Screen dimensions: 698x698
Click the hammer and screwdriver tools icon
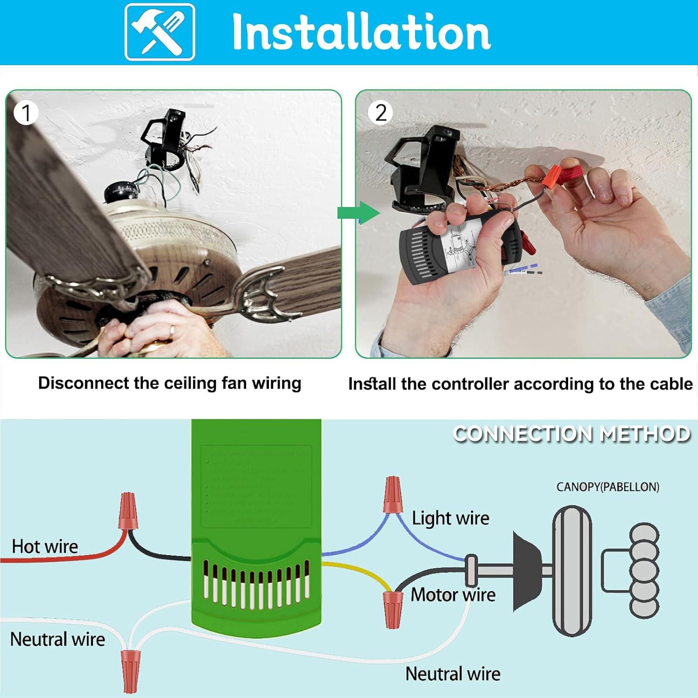point(160,32)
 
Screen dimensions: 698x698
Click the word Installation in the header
point(361,32)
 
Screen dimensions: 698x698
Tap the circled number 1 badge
point(26,113)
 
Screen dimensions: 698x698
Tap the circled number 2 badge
point(380,113)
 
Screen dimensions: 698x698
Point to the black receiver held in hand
point(458,247)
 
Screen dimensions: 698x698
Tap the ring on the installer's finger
point(172,331)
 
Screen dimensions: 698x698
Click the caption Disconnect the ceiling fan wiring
point(169,383)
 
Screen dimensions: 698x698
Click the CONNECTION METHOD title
point(571,434)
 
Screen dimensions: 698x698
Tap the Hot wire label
point(45,546)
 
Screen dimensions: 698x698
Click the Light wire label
point(450,518)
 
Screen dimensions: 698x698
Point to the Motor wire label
point(452,595)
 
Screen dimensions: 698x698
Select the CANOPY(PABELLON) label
point(607,487)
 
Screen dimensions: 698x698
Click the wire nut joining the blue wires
point(392,495)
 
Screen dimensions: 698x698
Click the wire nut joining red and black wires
point(128,511)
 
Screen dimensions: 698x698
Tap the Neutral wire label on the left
point(57,639)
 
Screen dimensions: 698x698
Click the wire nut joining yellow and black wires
point(392,609)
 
